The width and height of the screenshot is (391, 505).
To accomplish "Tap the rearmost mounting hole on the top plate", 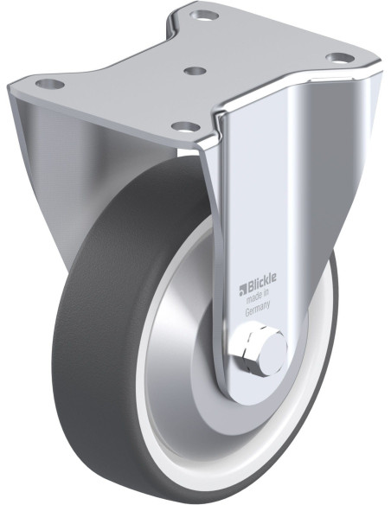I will pos(204,15).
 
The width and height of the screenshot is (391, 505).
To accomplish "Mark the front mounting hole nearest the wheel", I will pos(184,126).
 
